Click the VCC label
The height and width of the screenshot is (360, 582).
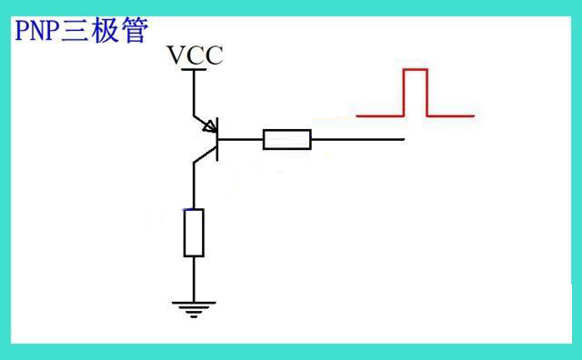pyautogui.click(x=195, y=56)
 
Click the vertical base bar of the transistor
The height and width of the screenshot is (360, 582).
pyautogui.click(x=218, y=139)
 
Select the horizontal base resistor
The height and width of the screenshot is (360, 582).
pyautogui.click(x=287, y=139)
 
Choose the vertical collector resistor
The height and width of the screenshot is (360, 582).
pyautogui.click(x=194, y=232)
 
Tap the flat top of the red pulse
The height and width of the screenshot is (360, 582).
pyautogui.click(x=415, y=69)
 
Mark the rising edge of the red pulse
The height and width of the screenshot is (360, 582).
pyautogui.click(x=404, y=93)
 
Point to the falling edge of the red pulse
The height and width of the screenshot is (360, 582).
pyautogui.click(x=426, y=93)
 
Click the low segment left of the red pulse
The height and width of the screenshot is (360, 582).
pyautogui.click(x=379, y=116)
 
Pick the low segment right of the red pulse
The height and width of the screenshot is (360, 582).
pyautogui.click(x=450, y=116)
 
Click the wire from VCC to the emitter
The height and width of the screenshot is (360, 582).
pyautogui.click(x=194, y=91)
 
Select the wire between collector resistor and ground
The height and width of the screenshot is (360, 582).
pyautogui.click(x=194, y=278)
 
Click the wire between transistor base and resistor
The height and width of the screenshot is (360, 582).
pyautogui.click(x=241, y=139)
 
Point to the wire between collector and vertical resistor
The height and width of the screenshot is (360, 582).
pyautogui.click(x=194, y=186)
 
